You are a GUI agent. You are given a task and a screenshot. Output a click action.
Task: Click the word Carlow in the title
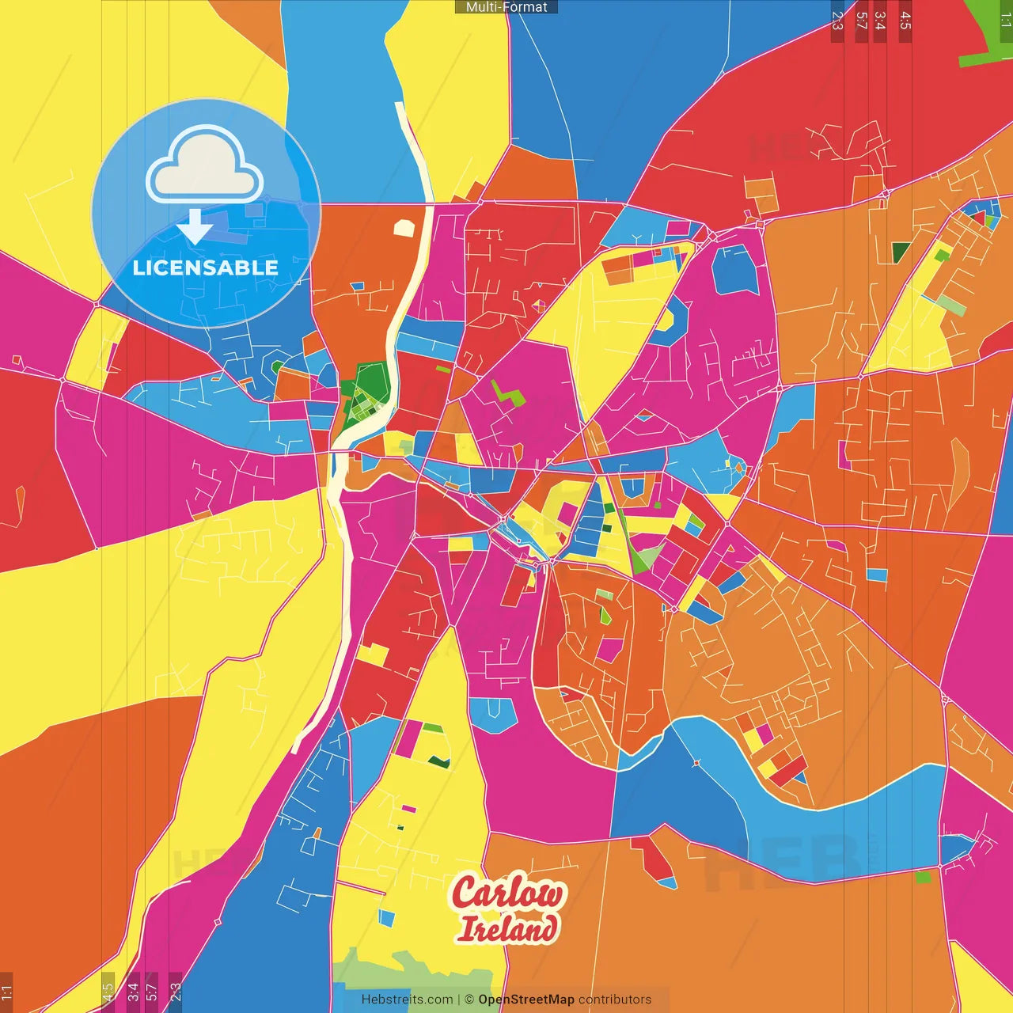507,893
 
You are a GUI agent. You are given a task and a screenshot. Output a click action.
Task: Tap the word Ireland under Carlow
507,928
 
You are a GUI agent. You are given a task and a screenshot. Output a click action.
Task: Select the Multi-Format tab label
506,7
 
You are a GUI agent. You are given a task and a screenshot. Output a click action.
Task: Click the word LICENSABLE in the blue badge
206,267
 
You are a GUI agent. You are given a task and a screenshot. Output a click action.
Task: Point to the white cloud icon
205,167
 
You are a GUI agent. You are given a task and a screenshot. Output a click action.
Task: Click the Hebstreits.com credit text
407,1000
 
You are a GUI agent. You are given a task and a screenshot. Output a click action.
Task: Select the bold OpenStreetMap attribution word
525,1000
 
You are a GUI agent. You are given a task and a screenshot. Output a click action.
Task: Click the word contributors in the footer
615,1000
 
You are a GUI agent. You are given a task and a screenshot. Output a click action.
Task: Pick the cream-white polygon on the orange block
404,228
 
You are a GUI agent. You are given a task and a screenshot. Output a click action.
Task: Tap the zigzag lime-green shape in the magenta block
506,394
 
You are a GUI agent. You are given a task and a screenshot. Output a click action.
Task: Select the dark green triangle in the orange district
901,252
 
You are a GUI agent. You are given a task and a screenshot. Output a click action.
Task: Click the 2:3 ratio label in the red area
837,21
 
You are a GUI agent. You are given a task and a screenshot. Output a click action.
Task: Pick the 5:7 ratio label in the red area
861,21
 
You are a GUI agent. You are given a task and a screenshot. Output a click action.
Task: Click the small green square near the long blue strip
923,877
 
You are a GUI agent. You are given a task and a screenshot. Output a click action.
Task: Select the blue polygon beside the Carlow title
386,918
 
